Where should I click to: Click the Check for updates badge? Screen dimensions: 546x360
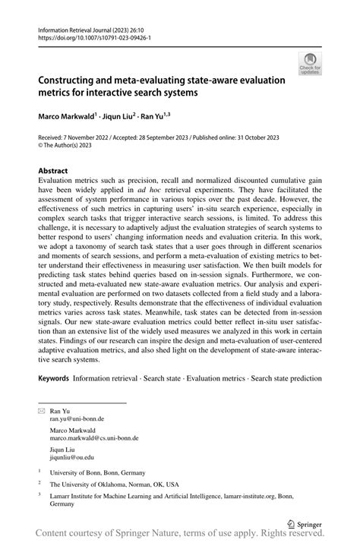click(310, 63)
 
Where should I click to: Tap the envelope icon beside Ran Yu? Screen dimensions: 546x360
click(42, 409)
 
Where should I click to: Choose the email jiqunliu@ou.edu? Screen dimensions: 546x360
click(72, 457)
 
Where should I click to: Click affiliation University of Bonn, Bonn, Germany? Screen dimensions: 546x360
click(96, 471)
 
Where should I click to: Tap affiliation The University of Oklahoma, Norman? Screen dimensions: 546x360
click(115, 483)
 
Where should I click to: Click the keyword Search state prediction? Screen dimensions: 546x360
click(287, 378)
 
